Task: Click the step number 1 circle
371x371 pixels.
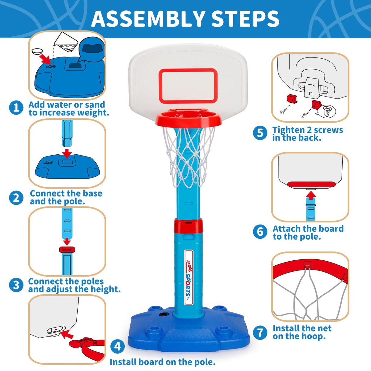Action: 16,108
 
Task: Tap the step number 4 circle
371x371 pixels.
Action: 117,346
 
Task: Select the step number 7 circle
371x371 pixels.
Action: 260,332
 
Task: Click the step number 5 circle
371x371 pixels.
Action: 260,133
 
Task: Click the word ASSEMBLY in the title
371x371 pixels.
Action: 148,19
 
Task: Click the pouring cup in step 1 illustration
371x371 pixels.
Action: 66,43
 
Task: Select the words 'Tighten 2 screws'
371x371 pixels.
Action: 307,130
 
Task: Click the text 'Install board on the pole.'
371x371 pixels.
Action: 162,362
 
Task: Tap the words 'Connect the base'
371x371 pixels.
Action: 66,193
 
